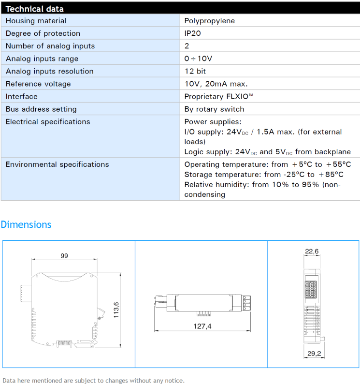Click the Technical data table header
(34, 9)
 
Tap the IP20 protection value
(193, 33)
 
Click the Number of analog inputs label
(50, 46)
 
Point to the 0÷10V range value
(198, 59)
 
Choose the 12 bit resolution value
(195, 71)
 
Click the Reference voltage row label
(38, 84)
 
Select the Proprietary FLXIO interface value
(218, 97)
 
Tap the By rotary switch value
(214, 109)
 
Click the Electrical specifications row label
(48, 122)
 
